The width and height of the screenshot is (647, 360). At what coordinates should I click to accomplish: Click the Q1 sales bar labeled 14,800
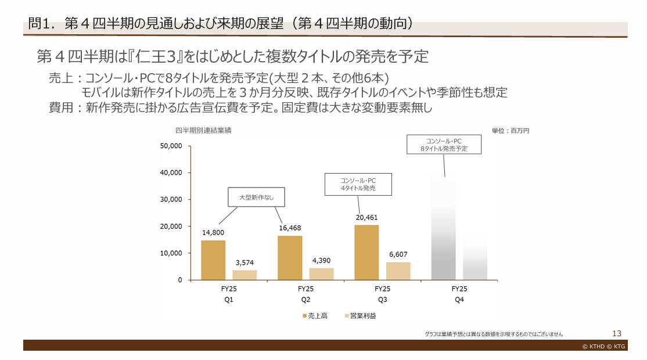213,260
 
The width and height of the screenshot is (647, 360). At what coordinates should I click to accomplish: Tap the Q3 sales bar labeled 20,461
366,253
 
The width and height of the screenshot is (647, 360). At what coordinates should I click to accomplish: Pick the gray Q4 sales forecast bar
443,226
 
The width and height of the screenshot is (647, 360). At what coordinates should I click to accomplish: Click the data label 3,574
245,263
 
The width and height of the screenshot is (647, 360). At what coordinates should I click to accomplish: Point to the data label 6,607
398,255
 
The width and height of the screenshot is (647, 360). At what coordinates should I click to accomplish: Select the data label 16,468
290,228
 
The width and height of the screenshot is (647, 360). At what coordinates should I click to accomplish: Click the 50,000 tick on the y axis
171,146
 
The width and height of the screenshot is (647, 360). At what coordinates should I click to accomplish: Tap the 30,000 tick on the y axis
171,199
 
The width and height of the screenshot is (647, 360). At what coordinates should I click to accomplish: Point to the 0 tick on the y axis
179,280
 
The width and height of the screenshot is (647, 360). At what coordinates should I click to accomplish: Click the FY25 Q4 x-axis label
459,294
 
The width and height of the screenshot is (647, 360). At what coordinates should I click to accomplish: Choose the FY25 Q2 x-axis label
305,294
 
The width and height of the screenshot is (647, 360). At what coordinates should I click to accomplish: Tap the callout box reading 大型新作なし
256,197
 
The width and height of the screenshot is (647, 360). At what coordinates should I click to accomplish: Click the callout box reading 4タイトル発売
358,185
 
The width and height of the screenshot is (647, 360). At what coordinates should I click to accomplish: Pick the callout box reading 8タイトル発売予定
444,145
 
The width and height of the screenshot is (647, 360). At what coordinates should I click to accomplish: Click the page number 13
617,333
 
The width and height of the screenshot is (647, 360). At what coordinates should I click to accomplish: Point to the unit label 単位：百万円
511,131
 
